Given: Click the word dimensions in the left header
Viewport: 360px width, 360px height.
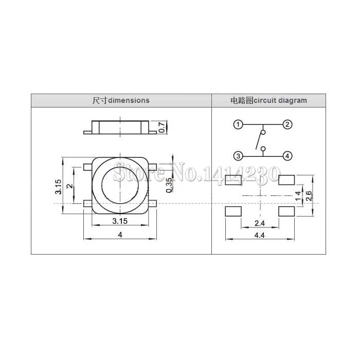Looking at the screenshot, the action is pos(129,100).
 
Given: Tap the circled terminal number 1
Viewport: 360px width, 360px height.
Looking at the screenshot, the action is pos(238,124).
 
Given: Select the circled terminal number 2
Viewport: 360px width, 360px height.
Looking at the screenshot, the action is pos(287,124).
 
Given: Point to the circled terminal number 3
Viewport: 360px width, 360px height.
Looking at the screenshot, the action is pos(238,156).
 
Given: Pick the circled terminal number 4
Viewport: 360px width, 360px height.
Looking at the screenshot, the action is pos(287,156).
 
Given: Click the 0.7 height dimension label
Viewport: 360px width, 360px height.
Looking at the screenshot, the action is pos(162,127).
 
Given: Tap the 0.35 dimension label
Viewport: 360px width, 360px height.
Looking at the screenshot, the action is pos(169,185).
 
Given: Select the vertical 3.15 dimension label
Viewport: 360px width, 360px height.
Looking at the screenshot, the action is pos(58,187).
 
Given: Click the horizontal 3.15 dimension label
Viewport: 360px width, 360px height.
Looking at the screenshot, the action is pos(120,221).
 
